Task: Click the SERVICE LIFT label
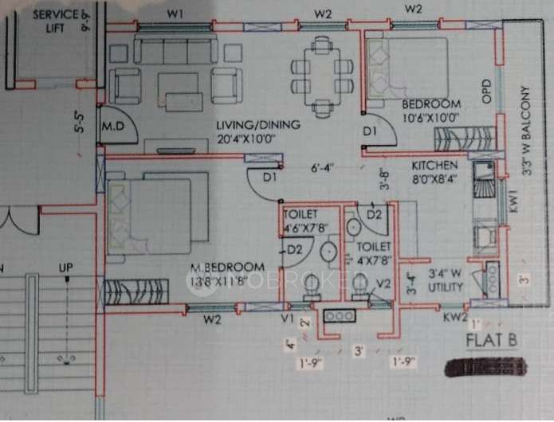(56, 21)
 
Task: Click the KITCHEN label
(434, 166)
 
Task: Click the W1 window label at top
(175, 13)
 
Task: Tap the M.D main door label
(111, 127)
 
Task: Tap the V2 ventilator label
(383, 283)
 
